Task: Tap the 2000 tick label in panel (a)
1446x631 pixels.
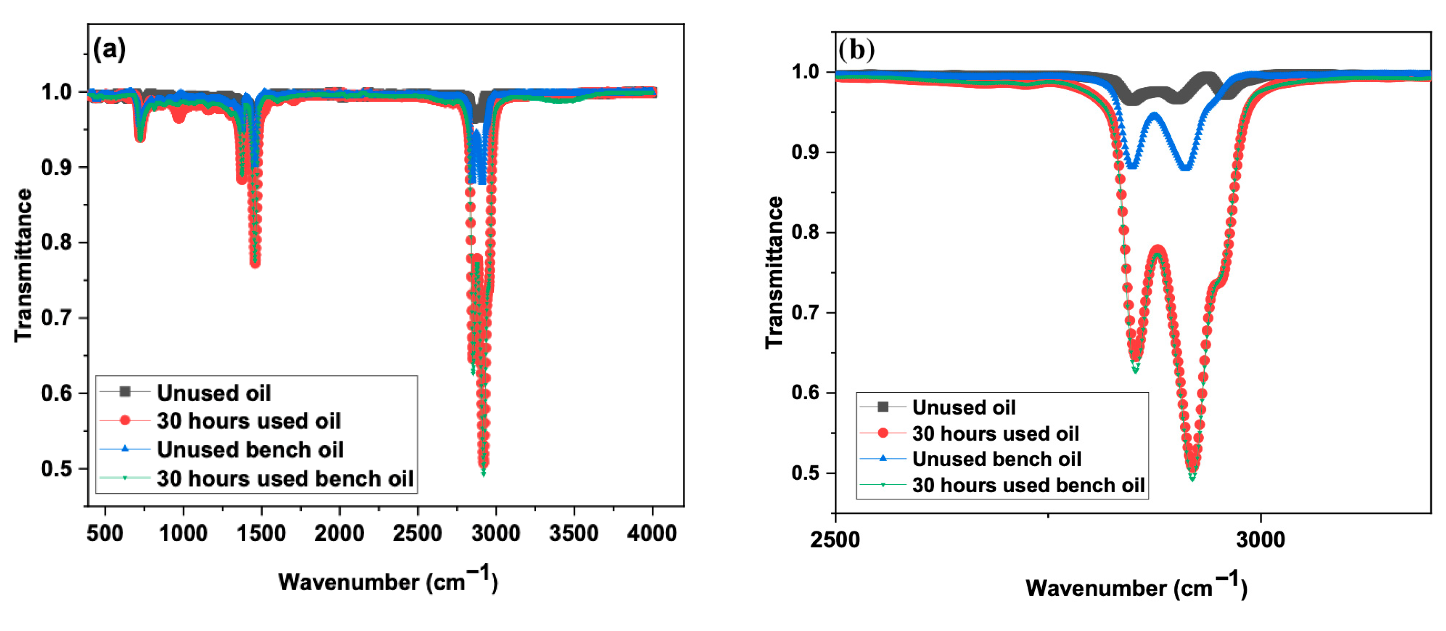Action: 339,533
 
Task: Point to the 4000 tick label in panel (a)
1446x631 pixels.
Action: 652,533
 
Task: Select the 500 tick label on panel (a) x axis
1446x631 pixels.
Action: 105,533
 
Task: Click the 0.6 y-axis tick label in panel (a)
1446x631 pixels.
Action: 57,393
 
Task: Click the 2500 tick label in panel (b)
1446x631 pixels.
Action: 835,540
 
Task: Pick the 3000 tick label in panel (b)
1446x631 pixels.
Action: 1261,540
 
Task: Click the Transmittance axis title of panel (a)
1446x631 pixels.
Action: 23,265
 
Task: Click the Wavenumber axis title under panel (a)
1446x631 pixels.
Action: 387,581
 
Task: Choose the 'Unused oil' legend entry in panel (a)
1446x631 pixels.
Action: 214,392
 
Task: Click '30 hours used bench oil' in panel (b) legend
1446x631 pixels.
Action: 1028,485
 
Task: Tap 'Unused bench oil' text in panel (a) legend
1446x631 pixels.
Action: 250,449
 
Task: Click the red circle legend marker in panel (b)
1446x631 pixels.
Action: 883,433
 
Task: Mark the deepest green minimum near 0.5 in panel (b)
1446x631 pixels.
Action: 1192,477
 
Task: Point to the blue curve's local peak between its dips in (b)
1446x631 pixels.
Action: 1154,116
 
